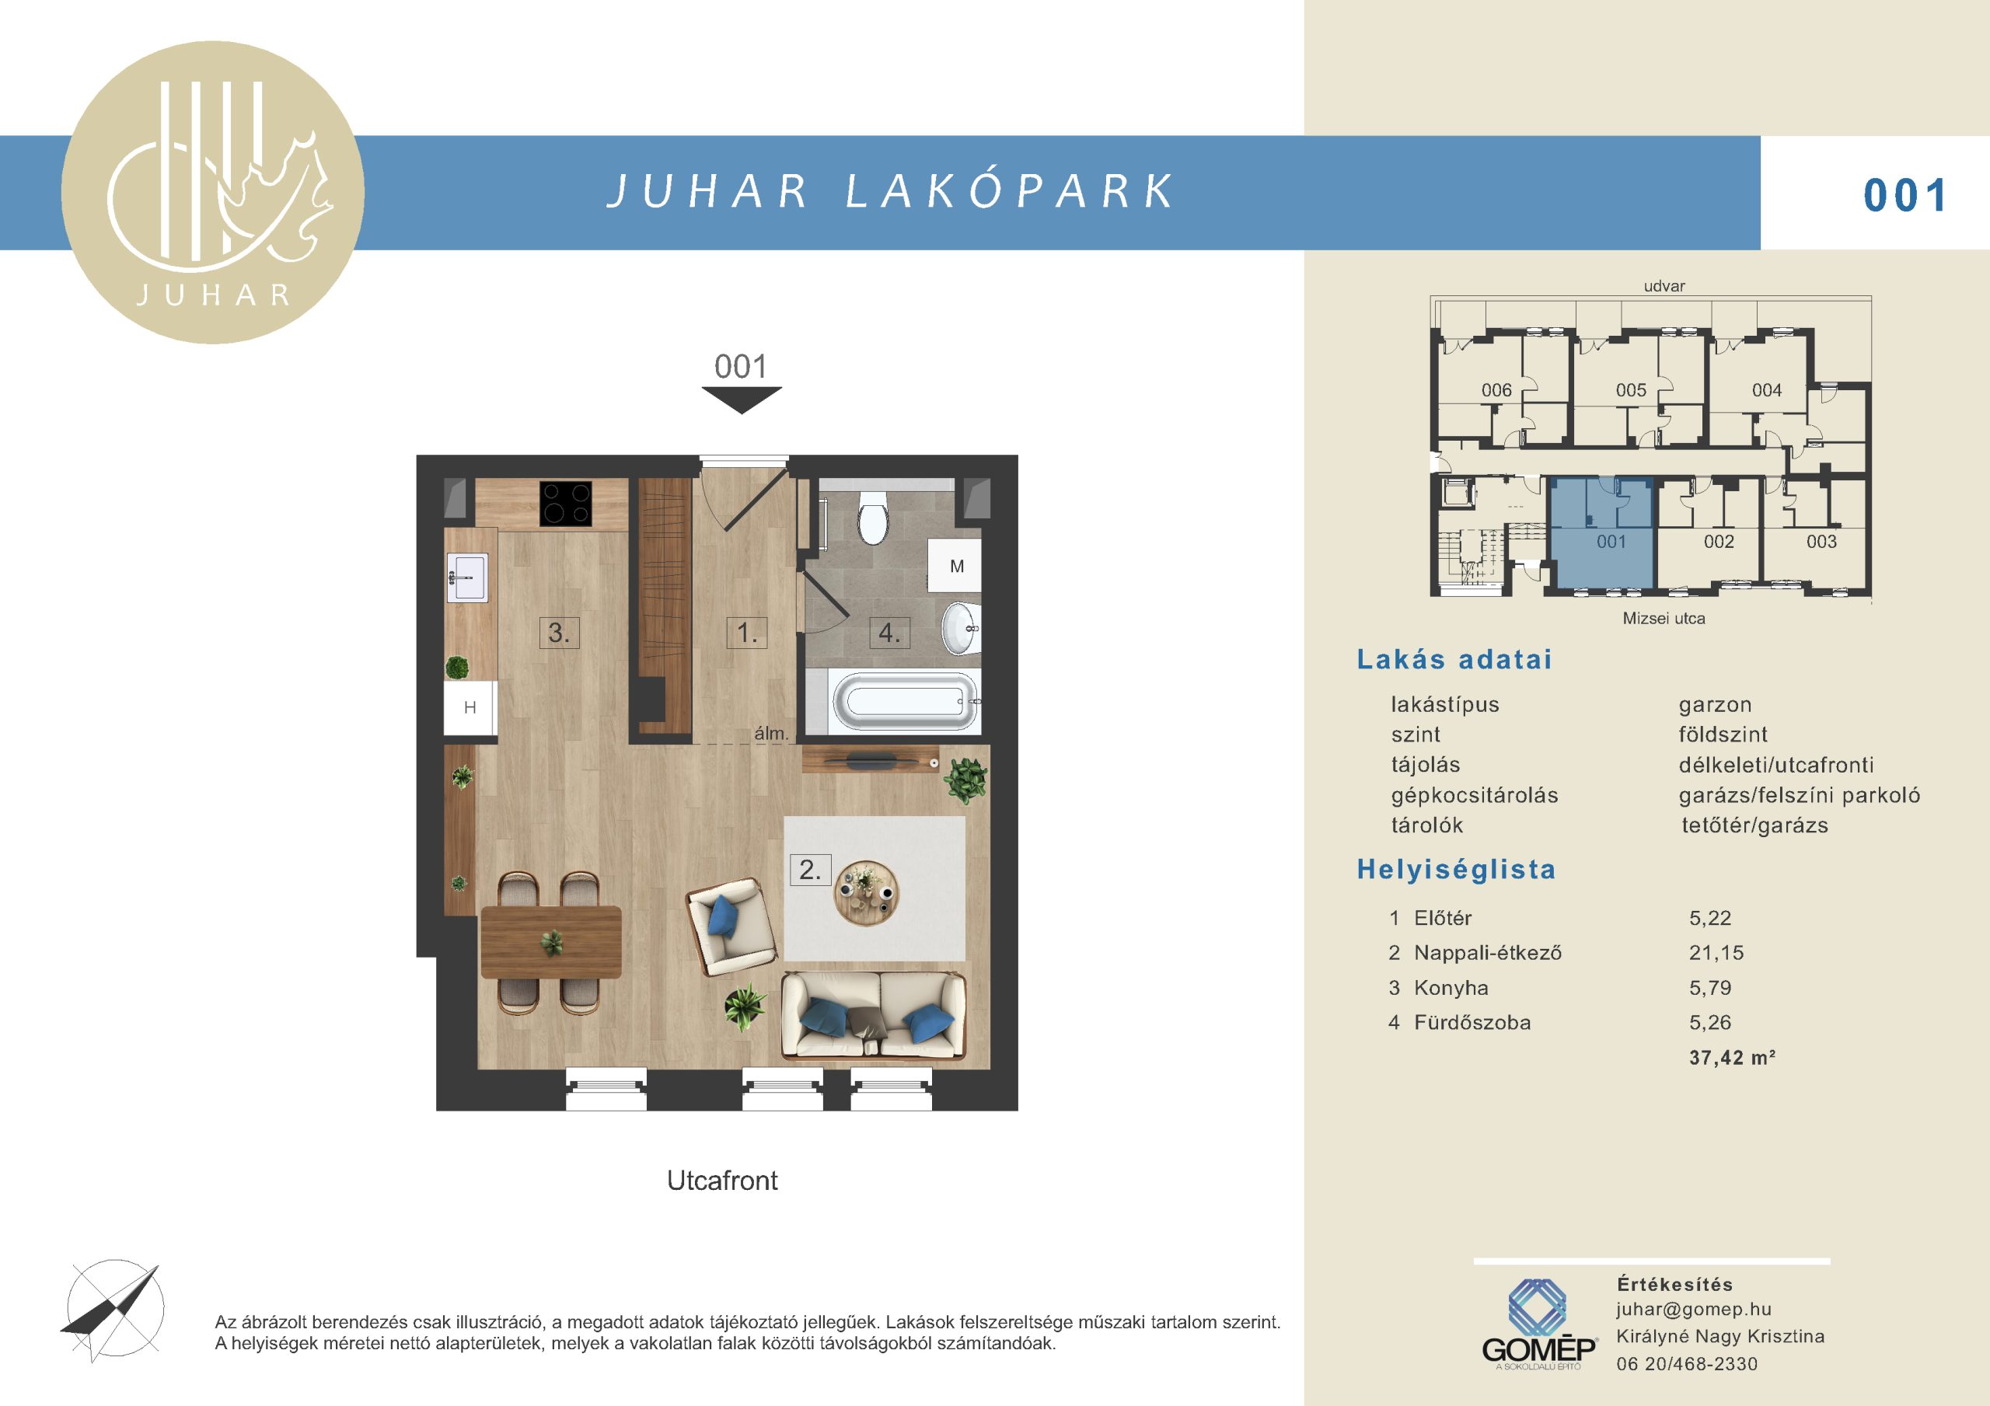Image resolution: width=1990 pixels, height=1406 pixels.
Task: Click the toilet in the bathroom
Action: [x=873, y=517]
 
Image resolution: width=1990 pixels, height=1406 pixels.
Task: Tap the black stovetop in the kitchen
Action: [x=566, y=504]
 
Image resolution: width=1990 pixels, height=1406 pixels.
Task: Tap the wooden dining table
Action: [x=551, y=941]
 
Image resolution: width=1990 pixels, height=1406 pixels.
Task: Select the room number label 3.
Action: [x=558, y=633]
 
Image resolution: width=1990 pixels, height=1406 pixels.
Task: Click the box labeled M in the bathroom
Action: [x=955, y=565]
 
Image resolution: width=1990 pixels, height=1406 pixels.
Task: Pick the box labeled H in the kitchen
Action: [x=470, y=707]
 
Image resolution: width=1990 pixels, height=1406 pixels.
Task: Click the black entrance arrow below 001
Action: [x=742, y=399]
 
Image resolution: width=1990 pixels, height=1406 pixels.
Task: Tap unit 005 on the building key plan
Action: [x=1631, y=390]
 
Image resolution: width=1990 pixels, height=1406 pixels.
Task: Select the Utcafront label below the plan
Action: [x=722, y=1181]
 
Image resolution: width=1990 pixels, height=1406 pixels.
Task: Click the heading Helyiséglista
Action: [x=1456, y=870]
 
